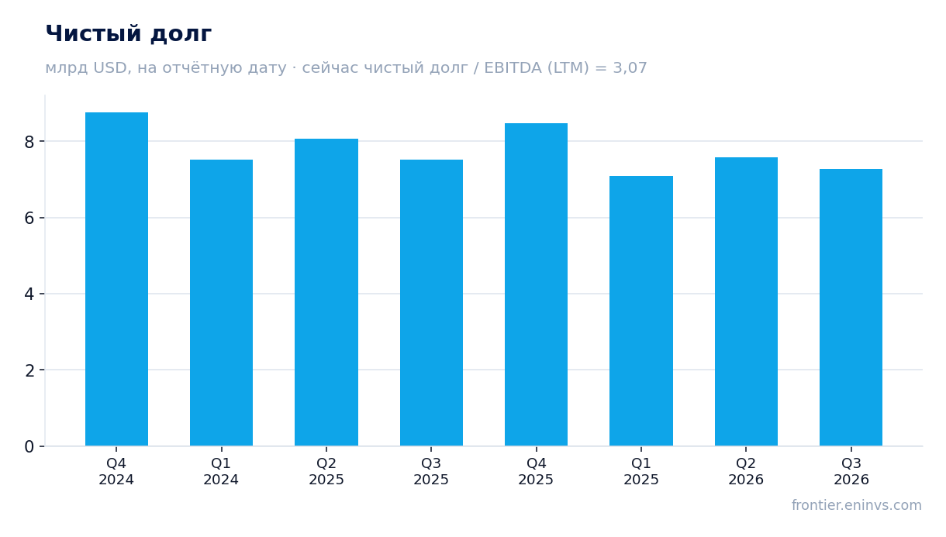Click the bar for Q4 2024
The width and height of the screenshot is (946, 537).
coord(116,279)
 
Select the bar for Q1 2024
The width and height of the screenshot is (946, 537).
coord(221,303)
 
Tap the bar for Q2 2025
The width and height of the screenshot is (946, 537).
coord(326,292)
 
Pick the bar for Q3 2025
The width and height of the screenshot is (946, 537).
coord(431,303)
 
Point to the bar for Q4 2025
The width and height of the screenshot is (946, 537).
coord(536,284)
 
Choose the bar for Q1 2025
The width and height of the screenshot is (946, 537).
coord(641,311)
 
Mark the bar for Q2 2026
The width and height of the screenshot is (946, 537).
coord(746,301)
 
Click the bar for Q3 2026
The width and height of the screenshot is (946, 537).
coord(851,308)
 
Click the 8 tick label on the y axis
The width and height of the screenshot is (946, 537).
coord(29,142)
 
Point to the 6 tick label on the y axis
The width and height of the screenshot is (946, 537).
coord(29,219)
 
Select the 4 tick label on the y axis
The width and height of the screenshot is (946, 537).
coord(29,294)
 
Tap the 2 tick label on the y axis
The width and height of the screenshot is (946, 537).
coord(29,370)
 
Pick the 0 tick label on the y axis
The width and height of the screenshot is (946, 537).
coord(29,446)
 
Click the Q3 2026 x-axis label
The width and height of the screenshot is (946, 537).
coord(851,472)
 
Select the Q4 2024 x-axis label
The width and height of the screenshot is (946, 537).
coord(116,472)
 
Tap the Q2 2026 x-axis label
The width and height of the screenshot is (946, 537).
coord(746,472)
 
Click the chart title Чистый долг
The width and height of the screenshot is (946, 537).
coord(129,34)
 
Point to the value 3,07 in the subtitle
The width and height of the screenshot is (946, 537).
coord(630,68)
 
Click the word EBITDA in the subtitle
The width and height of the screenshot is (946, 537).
coord(513,67)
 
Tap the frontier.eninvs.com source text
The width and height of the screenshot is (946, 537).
coord(857,505)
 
